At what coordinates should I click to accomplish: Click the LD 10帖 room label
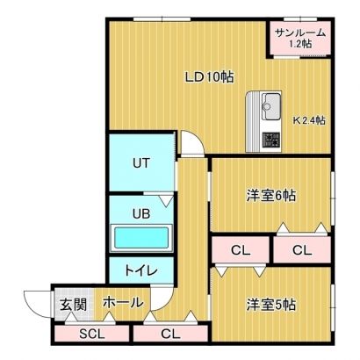(x=210, y=77)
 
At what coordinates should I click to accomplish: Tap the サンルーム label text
(x=300, y=32)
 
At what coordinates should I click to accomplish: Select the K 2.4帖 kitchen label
(x=309, y=120)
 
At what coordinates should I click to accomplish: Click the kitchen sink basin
(x=271, y=106)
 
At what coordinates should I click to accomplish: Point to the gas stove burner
(x=271, y=140)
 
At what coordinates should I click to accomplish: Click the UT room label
(x=141, y=163)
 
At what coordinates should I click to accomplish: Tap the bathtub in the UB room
(x=141, y=238)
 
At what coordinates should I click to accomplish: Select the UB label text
(x=141, y=214)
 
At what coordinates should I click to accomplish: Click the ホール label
(x=123, y=302)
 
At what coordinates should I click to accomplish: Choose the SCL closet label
(x=92, y=334)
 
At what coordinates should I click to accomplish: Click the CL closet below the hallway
(x=170, y=334)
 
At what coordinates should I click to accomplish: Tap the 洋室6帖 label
(x=271, y=196)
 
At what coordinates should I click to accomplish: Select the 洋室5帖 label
(x=271, y=306)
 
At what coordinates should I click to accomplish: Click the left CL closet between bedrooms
(x=241, y=250)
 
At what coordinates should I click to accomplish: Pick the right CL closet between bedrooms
(x=302, y=250)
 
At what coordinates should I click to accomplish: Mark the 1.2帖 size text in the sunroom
(x=300, y=44)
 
